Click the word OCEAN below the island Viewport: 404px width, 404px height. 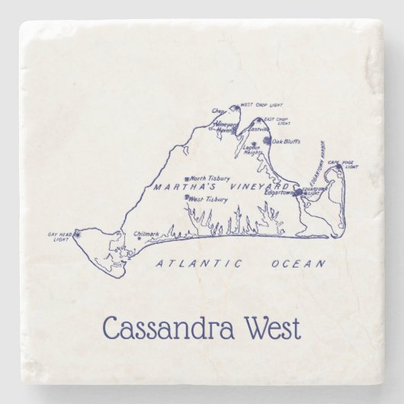(x=298, y=264)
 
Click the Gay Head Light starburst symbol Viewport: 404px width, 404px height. (x=75, y=237)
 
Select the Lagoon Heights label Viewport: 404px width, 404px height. (x=252, y=149)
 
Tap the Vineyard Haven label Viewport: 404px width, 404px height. (x=226, y=127)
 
